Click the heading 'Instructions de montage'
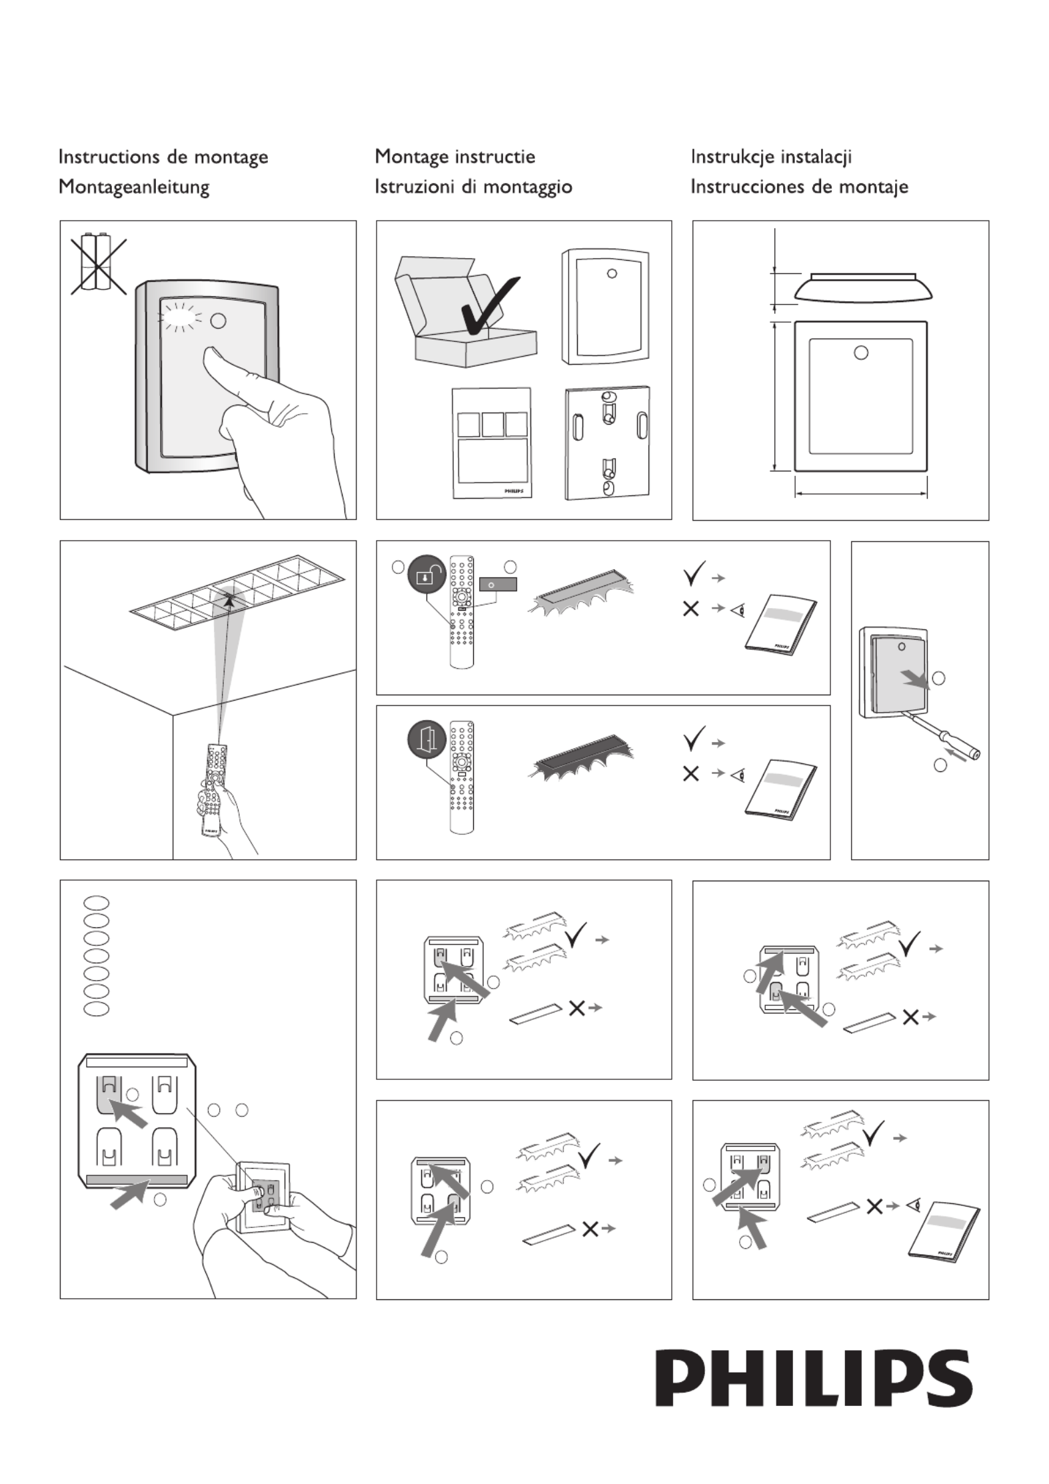pos(163,157)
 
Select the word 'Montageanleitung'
pos(134,187)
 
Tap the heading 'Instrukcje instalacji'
pos(771,157)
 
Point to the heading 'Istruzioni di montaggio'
pos(473,187)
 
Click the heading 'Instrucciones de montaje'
pos(799,187)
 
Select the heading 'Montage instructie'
pos(455,157)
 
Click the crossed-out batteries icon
pos(99,265)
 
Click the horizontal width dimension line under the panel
pos(860,494)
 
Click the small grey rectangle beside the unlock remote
pos(498,585)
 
